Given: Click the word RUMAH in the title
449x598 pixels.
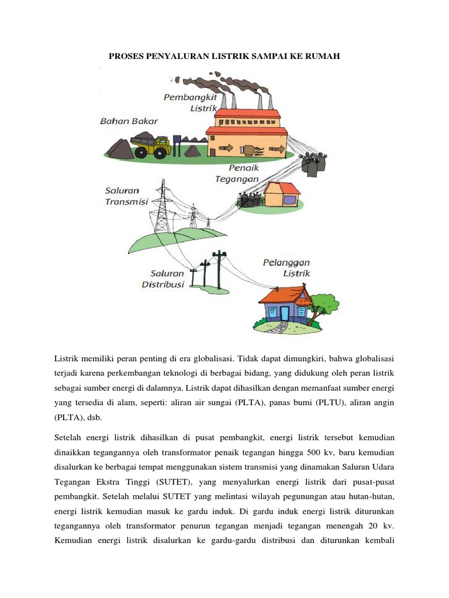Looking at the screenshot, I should [x=320, y=56].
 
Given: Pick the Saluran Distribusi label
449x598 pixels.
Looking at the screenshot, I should [x=164, y=279].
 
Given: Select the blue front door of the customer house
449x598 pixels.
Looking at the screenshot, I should [x=284, y=313].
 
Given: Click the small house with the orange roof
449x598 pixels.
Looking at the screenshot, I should [x=282, y=194].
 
